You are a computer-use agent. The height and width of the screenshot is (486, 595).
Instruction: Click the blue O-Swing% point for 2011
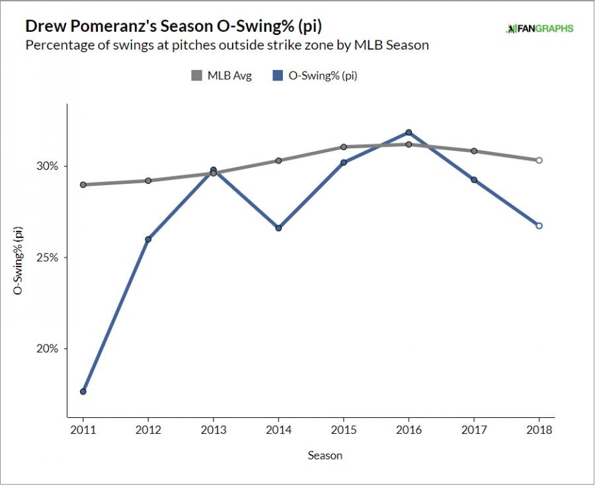(83, 391)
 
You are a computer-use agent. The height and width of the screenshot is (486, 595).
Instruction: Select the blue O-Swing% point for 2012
(148, 239)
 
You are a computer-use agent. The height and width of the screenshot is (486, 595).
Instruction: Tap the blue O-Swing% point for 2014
(278, 228)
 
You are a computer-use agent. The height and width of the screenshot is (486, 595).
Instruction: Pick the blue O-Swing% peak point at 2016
(409, 132)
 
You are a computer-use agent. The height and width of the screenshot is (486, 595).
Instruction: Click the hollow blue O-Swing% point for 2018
(539, 225)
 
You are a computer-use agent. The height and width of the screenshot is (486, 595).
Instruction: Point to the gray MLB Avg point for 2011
(83, 184)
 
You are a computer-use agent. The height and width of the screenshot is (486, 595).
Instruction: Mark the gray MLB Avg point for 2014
(278, 161)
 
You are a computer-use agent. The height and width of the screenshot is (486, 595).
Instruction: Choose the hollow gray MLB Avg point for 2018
(539, 160)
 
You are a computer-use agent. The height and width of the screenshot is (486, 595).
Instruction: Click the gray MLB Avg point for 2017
(474, 151)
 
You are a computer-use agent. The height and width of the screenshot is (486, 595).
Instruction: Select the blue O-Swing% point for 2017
(474, 180)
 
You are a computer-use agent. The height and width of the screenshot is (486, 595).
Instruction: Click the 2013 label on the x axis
(213, 430)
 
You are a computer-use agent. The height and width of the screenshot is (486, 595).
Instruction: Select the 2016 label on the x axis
(409, 430)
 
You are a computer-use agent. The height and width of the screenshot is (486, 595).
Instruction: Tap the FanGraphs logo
(539, 28)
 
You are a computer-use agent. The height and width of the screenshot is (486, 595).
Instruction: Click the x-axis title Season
(325, 456)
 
